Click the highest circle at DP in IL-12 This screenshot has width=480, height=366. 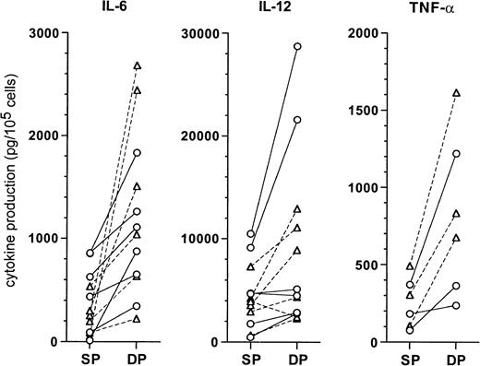point(297,46)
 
